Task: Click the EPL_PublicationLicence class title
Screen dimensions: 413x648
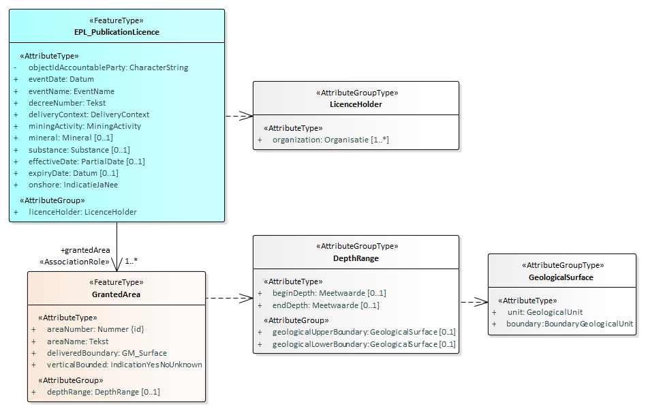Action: [117, 31]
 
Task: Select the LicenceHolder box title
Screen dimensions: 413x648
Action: [356, 104]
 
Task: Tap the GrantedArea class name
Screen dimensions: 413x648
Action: [116, 294]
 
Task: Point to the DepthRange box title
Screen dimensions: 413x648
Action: [356, 258]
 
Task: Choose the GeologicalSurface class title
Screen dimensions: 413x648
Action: [561, 277]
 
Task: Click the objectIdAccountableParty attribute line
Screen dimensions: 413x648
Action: [108, 67]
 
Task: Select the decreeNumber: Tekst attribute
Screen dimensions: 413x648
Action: [67, 103]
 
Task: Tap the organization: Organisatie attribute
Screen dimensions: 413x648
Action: [330, 140]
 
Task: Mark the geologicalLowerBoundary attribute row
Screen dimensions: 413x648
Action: [364, 344]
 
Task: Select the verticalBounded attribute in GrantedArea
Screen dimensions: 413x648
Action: [125, 365]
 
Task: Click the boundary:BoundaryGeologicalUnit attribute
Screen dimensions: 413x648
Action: [569, 324]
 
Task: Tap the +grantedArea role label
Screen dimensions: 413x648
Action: [85, 250]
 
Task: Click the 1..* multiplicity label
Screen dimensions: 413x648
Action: [132, 260]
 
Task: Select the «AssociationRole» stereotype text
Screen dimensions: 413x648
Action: [74, 262]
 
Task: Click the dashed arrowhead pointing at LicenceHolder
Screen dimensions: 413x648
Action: [248, 116]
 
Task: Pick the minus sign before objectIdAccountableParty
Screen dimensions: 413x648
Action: [16, 67]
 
